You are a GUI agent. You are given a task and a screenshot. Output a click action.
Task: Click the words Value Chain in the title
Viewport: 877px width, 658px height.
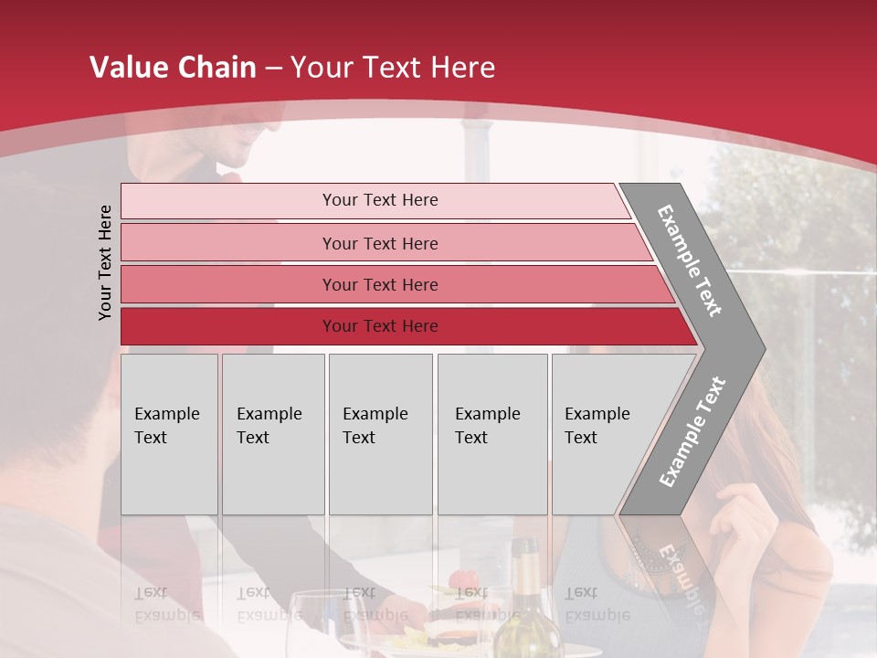click(x=173, y=68)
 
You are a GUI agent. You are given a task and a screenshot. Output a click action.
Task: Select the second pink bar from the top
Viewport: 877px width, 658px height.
click(x=379, y=243)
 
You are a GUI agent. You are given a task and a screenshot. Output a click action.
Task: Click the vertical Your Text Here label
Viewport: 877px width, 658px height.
click(x=105, y=262)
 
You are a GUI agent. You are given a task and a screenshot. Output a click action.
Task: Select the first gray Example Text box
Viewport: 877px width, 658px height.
click(x=169, y=433)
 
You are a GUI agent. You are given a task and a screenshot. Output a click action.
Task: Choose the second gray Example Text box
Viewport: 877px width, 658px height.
click(x=272, y=433)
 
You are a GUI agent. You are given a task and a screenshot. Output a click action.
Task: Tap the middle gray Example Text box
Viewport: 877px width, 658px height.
click(x=380, y=433)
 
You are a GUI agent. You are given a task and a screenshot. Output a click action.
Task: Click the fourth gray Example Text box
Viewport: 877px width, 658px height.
click(x=491, y=433)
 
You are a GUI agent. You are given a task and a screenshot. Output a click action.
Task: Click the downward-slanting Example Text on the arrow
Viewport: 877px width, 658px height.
click(x=690, y=260)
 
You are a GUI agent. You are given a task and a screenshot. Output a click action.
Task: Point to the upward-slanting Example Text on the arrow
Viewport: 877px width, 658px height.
click(x=692, y=431)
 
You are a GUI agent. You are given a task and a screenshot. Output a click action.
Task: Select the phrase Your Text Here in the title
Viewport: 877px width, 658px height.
click(x=392, y=68)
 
